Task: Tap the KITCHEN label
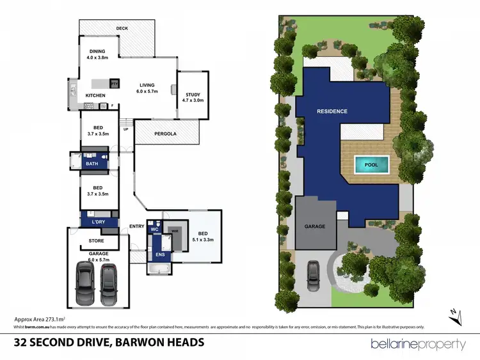[95, 96]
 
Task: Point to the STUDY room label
[193, 95]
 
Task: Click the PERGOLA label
[165, 134]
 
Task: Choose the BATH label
[92, 164]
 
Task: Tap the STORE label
[95, 241]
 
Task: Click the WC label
[154, 229]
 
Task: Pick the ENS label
[160, 254]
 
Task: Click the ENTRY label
[137, 226]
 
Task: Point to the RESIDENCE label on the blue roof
[332, 111]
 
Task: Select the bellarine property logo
[419, 344]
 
